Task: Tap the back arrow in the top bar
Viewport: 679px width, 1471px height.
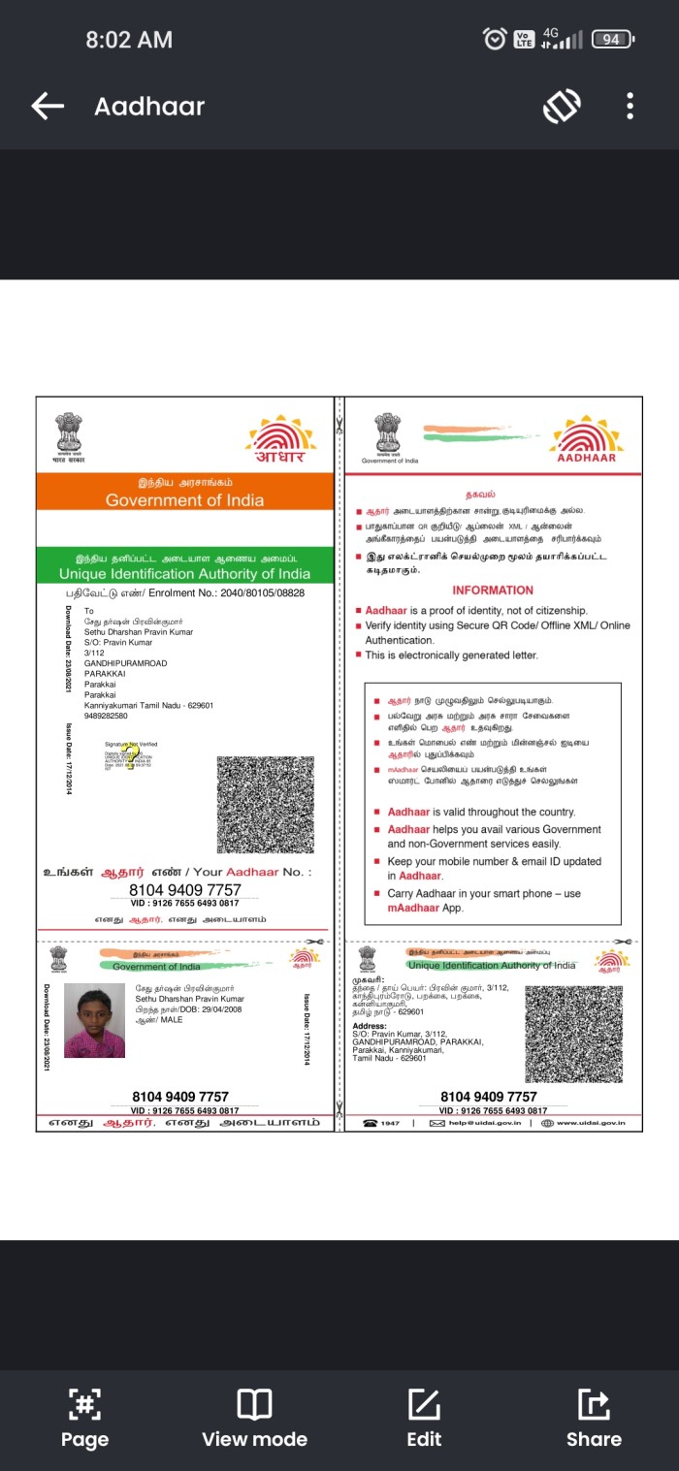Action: tap(47, 106)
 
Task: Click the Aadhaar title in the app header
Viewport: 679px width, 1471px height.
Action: tap(149, 106)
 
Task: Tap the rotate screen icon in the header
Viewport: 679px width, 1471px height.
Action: tap(562, 106)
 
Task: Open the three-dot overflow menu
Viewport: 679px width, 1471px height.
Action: tap(630, 106)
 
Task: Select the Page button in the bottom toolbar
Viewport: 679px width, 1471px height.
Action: tap(84, 1417)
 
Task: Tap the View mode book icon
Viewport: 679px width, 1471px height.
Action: tap(254, 1404)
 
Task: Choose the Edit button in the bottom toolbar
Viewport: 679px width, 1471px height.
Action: tap(424, 1417)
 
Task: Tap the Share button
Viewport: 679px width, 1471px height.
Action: tap(593, 1417)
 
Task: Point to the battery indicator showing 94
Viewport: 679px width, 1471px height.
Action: tap(613, 39)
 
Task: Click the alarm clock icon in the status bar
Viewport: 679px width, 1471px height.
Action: tap(495, 39)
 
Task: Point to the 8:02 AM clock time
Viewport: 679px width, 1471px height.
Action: tap(129, 40)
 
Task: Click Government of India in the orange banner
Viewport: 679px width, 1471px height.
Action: tap(184, 500)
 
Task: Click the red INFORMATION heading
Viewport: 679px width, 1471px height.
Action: tap(493, 590)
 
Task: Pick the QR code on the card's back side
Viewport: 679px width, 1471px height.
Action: tap(574, 1035)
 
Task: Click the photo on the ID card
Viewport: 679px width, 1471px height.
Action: tap(95, 1019)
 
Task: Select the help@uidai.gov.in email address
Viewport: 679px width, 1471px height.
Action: tap(481, 1123)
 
